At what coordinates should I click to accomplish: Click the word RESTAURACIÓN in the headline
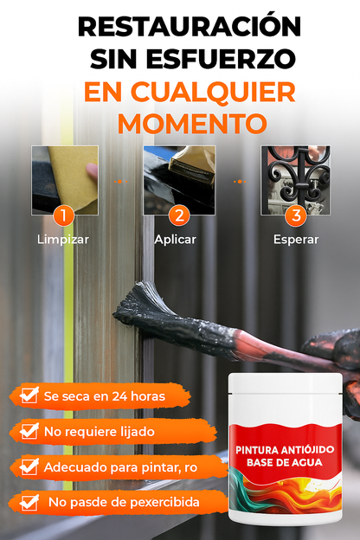[x=190, y=26]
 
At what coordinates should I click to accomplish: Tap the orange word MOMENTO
[x=193, y=123]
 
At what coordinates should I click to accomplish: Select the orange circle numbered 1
[x=64, y=216]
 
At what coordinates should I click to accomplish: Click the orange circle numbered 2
[x=179, y=216]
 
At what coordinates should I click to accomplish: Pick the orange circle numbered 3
[x=296, y=216]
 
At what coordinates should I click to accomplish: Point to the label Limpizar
[x=63, y=240]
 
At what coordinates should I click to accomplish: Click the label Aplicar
[x=176, y=240]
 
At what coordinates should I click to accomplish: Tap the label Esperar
[x=296, y=240]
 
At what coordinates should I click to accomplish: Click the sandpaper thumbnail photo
[x=65, y=181]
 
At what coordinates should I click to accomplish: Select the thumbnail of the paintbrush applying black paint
[x=179, y=181]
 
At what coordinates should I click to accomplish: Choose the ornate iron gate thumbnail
[x=296, y=181]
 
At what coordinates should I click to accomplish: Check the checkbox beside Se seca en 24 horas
[x=29, y=395]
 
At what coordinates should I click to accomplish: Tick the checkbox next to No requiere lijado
[x=29, y=430]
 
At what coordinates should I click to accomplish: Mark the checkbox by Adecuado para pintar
[x=29, y=466]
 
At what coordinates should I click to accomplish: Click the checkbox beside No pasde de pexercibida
[x=29, y=502]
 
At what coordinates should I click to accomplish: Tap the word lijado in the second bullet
[x=137, y=432]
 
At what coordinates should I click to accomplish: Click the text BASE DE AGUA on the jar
[x=285, y=462]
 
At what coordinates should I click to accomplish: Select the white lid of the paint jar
[x=286, y=383]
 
